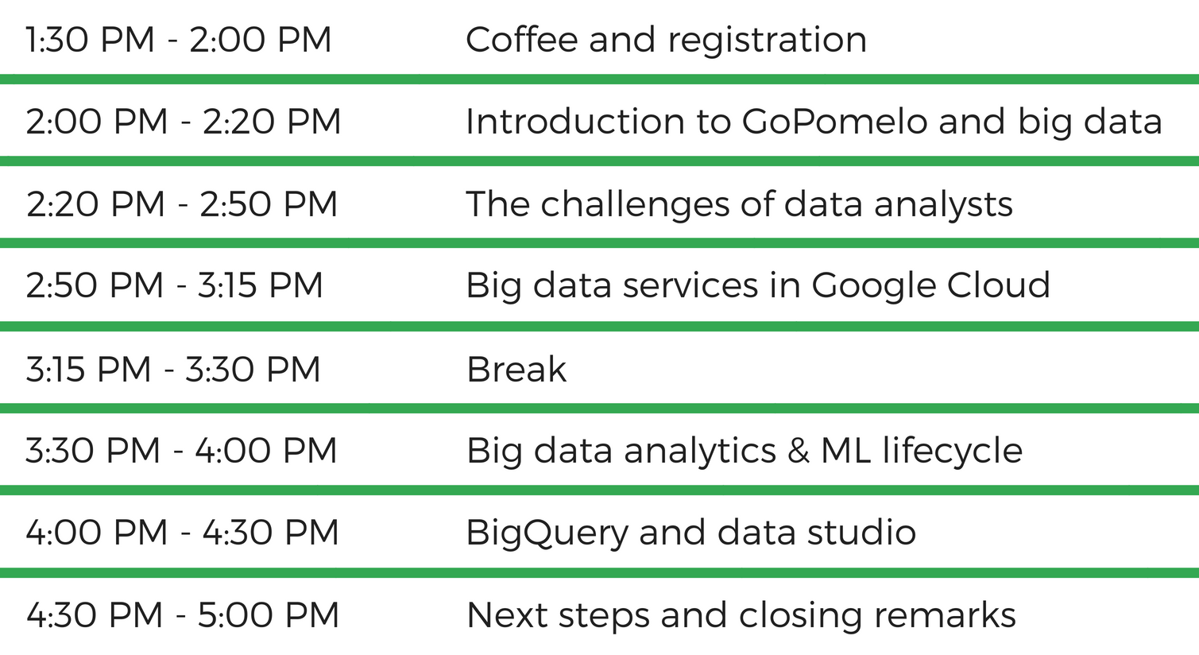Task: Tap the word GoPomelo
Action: [834, 121]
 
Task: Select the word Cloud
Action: [998, 285]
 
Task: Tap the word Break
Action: [516, 369]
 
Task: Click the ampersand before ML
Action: [798, 451]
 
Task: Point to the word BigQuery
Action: [547, 534]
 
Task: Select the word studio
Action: [861, 533]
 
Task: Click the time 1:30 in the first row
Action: [57, 40]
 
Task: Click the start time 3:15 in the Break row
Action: [56, 369]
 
